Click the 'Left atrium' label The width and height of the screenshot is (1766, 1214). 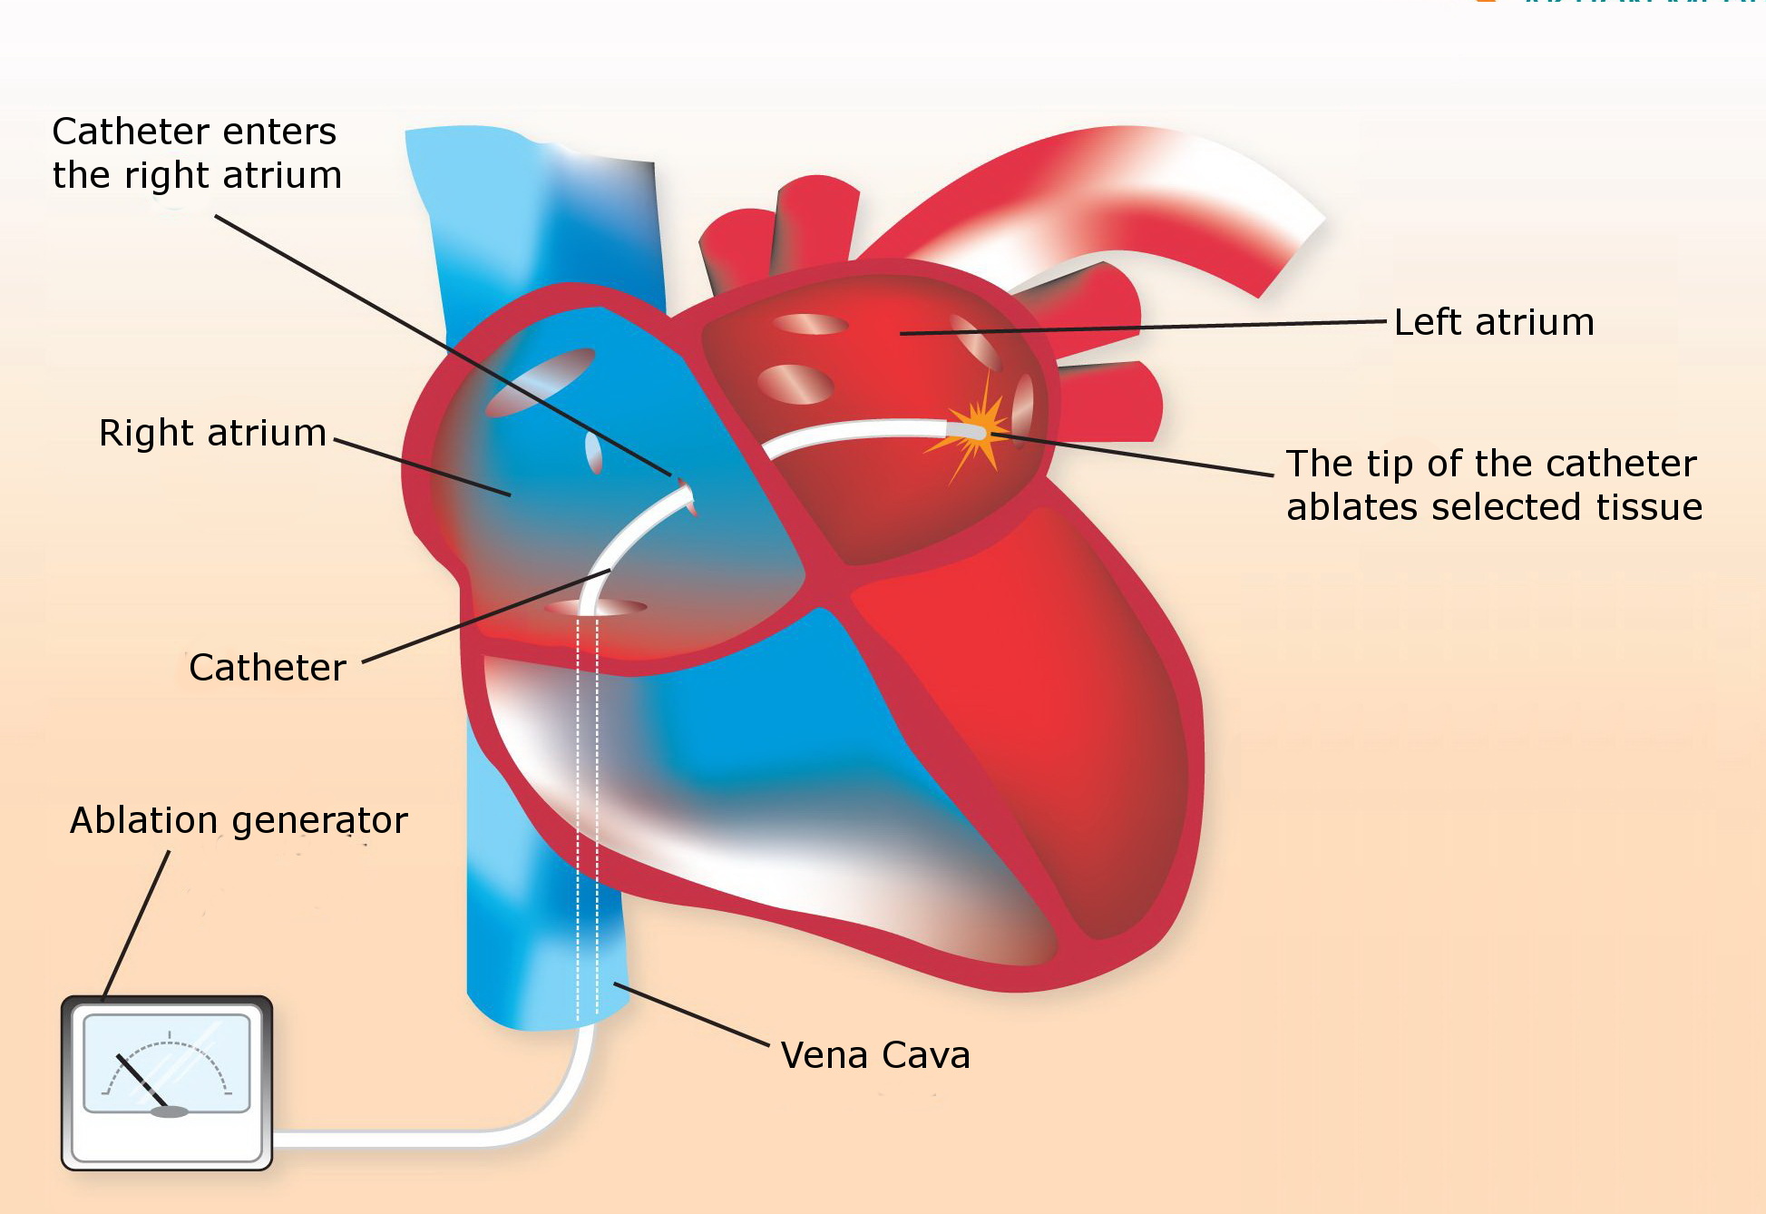pyautogui.click(x=1493, y=322)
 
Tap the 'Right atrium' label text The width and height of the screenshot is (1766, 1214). pyautogui.click(x=212, y=433)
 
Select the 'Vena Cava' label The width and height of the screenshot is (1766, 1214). pyautogui.click(x=875, y=1055)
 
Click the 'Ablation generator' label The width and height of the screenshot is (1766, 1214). pyautogui.click(x=239, y=820)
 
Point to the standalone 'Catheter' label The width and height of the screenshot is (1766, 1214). pyautogui.click(x=268, y=668)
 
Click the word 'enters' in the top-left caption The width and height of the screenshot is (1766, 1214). pyautogui.click(x=279, y=132)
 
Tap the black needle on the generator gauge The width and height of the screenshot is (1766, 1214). pyautogui.click(x=141, y=1080)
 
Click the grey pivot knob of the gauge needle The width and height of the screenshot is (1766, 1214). pyautogui.click(x=169, y=1111)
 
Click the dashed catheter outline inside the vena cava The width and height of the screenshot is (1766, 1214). pyautogui.click(x=588, y=817)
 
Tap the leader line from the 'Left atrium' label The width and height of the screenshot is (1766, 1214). pyautogui.click(x=1143, y=328)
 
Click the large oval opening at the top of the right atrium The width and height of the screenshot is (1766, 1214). pyautogui.click(x=541, y=382)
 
